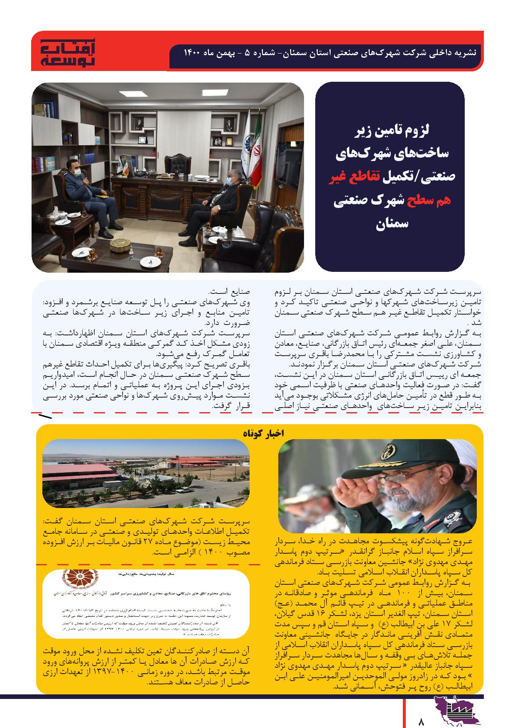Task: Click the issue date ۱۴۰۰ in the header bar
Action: (x=192, y=53)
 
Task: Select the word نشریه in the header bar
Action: (x=465, y=53)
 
